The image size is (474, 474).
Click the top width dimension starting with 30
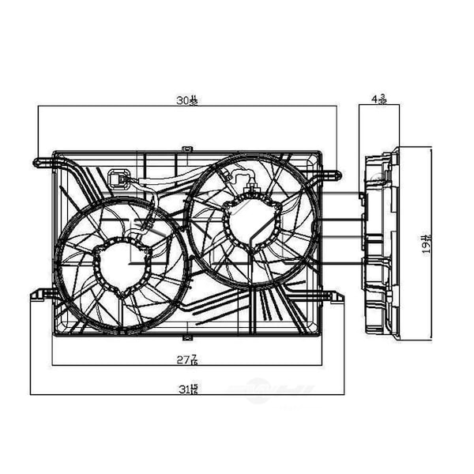pos(186,101)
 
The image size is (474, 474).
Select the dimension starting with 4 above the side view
pos(378,100)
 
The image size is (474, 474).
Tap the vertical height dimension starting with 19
pos(425,243)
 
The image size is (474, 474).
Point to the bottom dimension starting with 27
pos(186,359)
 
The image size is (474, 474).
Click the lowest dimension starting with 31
pos(187,388)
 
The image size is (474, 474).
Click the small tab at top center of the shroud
pos(187,148)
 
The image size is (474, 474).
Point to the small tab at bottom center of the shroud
pos(187,336)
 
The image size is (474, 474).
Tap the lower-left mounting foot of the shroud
pos(39,295)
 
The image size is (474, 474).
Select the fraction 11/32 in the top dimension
pos(193,101)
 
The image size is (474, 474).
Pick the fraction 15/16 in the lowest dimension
pos(194,388)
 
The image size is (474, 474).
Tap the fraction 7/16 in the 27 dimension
pos(193,359)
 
